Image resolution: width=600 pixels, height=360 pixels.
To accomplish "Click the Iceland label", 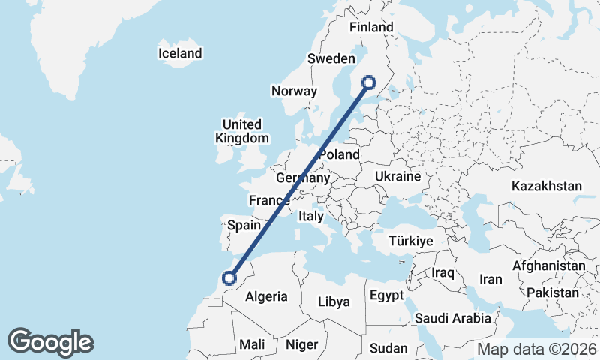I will coord(180,53).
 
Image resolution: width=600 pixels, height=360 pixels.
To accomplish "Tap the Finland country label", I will coord(371,28).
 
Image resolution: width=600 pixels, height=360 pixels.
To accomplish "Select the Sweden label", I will coord(331,58).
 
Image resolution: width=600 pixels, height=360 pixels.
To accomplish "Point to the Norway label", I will coord(294,91).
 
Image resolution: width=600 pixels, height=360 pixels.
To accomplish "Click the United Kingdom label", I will coord(241,131).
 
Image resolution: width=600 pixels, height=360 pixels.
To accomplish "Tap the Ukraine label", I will coord(397,176).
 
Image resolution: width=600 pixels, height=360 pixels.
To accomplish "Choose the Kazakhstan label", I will coord(547,186).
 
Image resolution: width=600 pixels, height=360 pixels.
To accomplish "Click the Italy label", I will coord(310,216).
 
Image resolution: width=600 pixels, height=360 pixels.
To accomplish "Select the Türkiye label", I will coord(410,241).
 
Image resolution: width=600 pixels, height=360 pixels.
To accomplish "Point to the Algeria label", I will coord(266,296).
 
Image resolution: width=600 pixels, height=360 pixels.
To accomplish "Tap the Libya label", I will coord(334,301).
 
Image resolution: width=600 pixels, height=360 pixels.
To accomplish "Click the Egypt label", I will coord(387,295).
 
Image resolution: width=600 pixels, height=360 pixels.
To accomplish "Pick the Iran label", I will coord(490,279).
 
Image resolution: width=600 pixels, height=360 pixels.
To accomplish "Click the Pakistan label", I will coord(553,292).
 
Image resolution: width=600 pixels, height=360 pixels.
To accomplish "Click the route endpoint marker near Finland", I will coord(369,82).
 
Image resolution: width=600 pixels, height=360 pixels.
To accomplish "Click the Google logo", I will coord(50,342).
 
